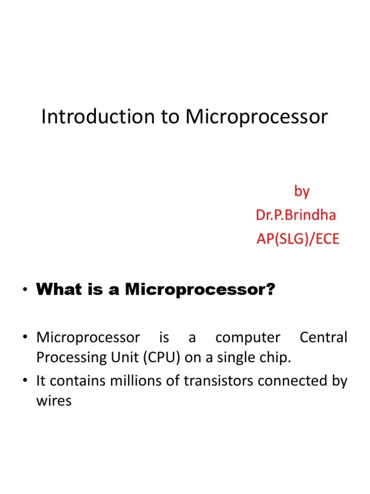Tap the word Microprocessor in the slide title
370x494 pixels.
[x=257, y=117]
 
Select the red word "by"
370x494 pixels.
[x=302, y=192]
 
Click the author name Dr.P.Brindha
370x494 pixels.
[x=296, y=215]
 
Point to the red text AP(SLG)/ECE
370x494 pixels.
[x=298, y=239]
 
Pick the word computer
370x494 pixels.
[x=248, y=338]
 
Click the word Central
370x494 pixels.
[x=323, y=338]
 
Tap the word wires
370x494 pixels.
[x=54, y=401]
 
